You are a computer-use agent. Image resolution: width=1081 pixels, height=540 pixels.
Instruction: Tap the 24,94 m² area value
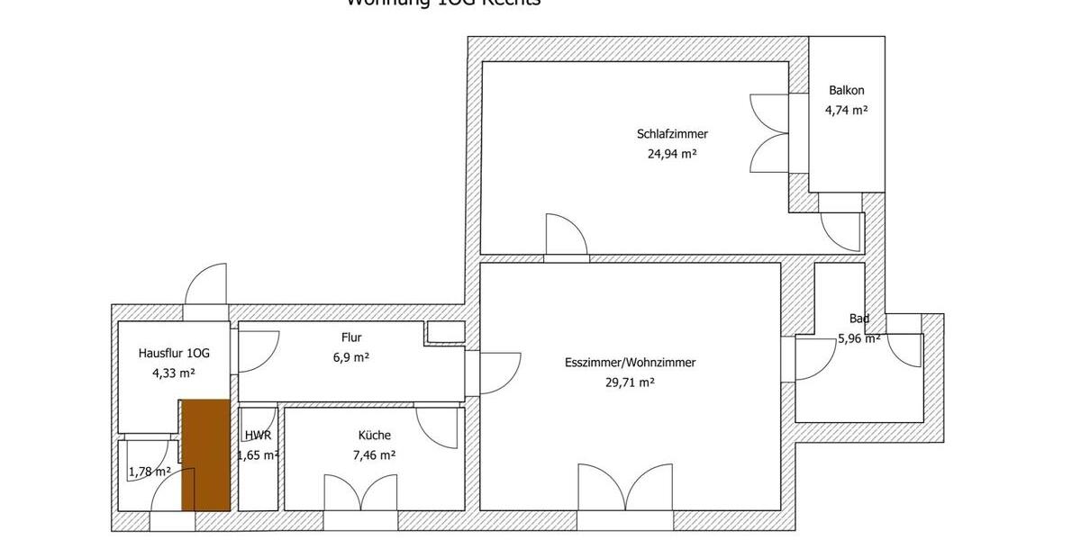[x=671, y=153]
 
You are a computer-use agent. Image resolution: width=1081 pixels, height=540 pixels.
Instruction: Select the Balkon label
[x=846, y=91]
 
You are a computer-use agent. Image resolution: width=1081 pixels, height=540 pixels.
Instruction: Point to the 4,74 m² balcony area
[x=846, y=111]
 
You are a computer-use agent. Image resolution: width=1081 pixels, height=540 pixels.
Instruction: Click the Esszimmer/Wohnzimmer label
[x=630, y=363]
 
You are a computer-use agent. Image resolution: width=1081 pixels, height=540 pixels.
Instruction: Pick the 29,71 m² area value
[x=630, y=382]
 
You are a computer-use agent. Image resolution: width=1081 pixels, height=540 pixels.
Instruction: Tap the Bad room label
[x=858, y=319]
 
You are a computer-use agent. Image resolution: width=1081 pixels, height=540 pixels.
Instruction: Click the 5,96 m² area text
[x=858, y=339]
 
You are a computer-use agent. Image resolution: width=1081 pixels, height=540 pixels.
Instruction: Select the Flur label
[x=351, y=337]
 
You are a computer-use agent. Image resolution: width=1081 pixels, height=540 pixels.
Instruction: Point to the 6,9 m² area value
[x=351, y=357]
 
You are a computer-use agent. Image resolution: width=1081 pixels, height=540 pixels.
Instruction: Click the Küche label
[x=374, y=436]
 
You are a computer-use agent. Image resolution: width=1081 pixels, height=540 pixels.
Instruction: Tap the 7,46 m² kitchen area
[x=374, y=455]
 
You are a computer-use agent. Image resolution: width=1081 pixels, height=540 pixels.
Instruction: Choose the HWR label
[x=258, y=436]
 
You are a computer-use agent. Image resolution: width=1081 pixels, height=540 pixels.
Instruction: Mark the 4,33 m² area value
[x=174, y=373]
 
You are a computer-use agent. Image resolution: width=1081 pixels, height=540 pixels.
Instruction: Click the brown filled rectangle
[x=206, y=454]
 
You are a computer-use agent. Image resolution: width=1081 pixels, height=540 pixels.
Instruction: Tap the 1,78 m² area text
[x=150, y=472]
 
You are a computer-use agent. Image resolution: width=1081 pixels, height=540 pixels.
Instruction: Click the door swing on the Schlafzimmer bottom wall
[x=568, y=236]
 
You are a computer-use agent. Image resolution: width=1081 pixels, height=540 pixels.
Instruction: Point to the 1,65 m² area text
[x=258, y=455]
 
